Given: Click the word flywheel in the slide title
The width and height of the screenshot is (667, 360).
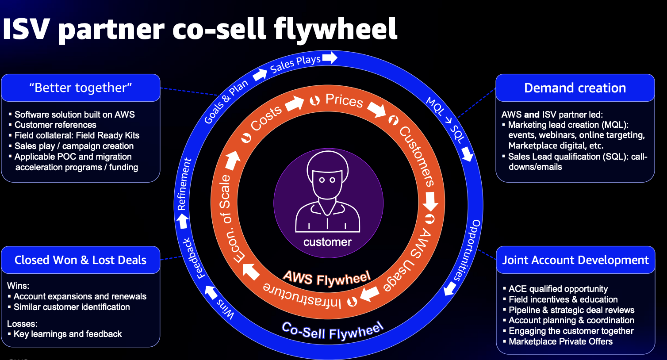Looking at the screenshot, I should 335,29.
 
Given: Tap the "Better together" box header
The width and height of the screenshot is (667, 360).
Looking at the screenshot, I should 80,88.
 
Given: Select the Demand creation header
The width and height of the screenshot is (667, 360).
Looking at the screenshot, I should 575,88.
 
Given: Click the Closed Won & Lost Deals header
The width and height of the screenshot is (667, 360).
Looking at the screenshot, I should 80,260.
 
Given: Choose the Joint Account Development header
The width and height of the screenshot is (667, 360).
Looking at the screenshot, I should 575,260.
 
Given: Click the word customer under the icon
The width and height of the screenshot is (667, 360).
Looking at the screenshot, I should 327,242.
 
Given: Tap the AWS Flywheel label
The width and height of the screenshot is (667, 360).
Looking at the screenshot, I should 326,278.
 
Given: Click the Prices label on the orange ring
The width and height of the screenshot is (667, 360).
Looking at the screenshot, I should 344,101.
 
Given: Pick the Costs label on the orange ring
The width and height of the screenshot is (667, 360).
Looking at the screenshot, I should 266,118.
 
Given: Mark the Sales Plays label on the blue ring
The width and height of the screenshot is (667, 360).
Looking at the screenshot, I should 295,64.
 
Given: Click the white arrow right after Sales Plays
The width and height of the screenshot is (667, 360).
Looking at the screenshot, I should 330,57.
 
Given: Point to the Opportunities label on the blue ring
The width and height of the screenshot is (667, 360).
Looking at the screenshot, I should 467,250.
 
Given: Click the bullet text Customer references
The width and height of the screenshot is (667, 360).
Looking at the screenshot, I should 55,125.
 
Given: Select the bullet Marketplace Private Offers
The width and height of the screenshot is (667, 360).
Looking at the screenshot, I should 560,341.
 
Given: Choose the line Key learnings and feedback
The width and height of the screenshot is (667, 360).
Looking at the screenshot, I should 68,334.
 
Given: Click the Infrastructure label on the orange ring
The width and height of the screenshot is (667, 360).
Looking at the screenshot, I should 302,295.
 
